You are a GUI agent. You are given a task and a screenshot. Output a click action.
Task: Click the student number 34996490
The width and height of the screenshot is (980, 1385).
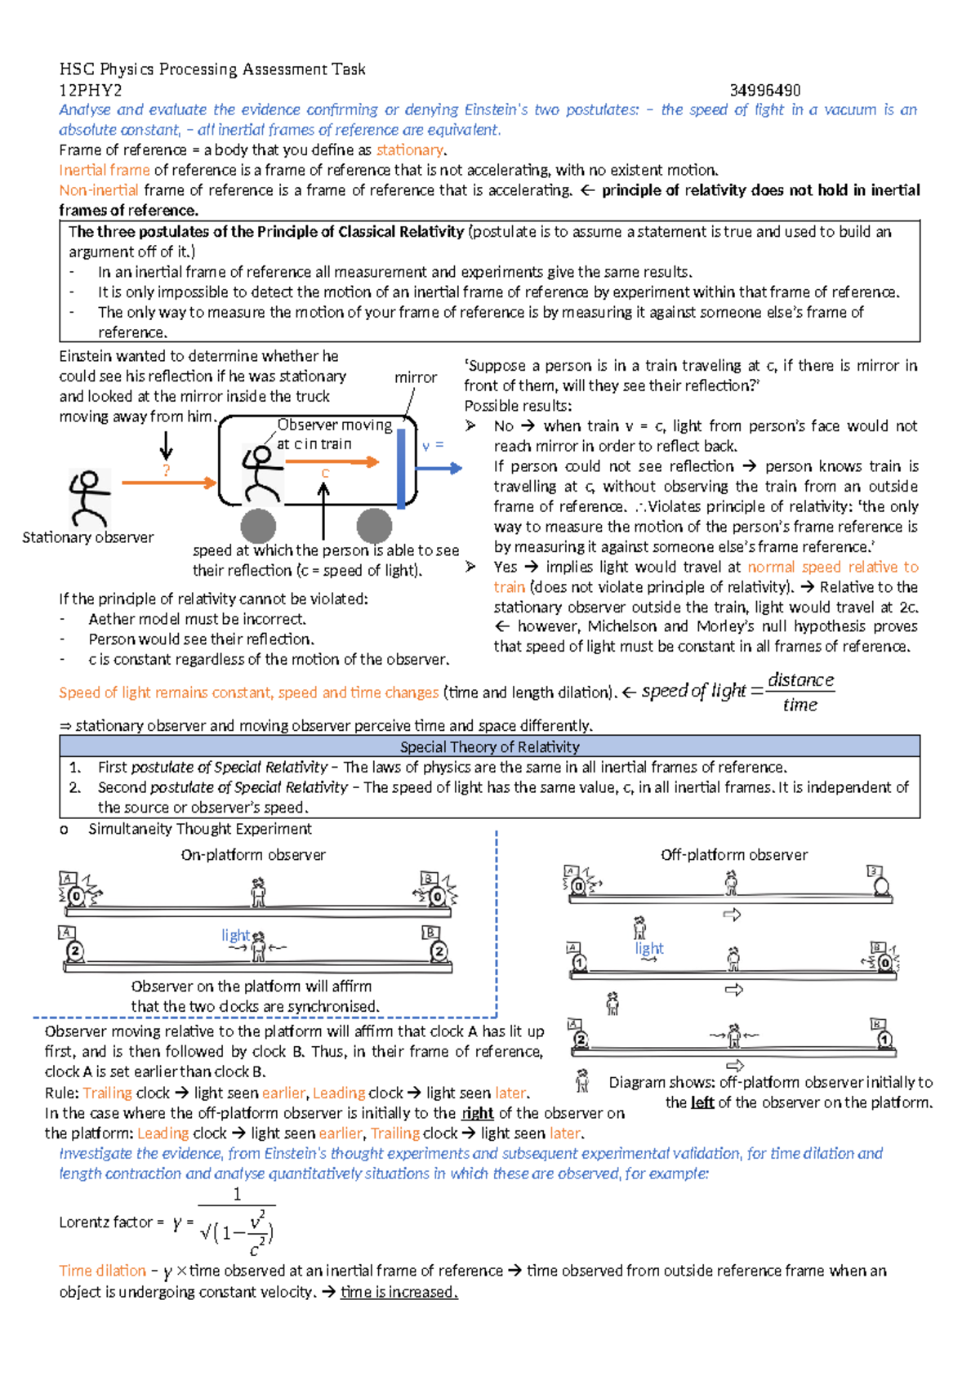point(764,90)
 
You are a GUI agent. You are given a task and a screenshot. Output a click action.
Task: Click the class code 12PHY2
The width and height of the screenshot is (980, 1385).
point(91,90)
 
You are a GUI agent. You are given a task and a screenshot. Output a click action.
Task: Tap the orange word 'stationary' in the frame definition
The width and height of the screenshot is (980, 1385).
point(409,150)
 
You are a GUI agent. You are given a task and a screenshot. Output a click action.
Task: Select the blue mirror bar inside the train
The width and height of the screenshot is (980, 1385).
point(401,469)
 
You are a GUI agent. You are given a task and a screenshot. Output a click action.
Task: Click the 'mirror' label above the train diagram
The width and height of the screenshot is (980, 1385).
point(415,377)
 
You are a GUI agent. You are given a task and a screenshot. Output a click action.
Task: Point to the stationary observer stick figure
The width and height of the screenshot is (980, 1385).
point(88,497)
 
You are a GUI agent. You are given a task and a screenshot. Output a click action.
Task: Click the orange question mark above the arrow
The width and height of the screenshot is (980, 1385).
point(167,470)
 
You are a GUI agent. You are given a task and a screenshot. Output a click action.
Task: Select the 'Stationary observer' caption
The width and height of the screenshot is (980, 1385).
point(87,537)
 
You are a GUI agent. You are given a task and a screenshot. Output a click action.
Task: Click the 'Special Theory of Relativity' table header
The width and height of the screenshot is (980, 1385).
point(489,746)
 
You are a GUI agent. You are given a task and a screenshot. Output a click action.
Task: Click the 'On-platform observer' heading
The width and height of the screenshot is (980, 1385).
point(253,855)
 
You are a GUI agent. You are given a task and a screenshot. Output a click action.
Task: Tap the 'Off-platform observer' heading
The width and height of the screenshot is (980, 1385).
point(733,855)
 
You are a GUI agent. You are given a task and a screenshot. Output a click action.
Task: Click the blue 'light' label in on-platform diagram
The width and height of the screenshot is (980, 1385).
point(235,935)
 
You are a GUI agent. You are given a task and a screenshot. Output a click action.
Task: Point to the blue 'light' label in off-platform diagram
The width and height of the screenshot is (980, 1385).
point(649,948)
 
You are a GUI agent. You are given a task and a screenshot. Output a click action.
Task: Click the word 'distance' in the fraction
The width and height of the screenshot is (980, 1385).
point(800,679)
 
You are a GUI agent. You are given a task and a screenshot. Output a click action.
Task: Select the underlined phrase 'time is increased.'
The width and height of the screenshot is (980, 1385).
point(399,1292)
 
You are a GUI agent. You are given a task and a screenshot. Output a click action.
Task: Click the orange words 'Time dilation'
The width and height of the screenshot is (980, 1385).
point(102,1271)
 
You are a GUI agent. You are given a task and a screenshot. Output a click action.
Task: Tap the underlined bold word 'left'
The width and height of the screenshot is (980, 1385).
point(702,1102)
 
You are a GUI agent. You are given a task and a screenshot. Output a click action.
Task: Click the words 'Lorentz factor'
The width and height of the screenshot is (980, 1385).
point(105,1222)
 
